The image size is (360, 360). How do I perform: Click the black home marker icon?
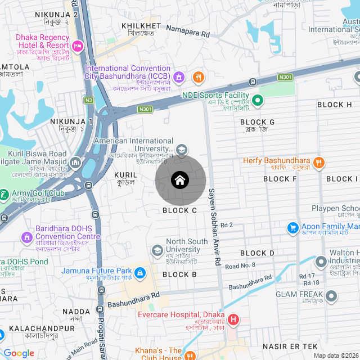(180, 180)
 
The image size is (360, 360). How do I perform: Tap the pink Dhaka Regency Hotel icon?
(78, 44)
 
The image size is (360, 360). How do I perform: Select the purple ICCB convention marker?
(179, 77)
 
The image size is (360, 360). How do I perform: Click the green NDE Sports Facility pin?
(258, 101)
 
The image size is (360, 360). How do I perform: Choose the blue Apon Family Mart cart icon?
(292, 228)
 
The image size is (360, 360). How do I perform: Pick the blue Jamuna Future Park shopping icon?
(140, 274)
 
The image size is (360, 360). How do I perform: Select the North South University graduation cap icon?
(157, 250)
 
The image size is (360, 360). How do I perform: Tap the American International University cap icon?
(182, 150)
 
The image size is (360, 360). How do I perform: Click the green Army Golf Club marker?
(4, 193)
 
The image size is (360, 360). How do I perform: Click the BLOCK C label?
(179, 210)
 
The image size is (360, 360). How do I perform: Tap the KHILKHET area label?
(145, 26)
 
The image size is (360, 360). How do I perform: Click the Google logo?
(19, 353)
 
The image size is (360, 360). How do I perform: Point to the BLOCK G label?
(257, 122)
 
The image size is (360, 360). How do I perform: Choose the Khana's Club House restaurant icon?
(190, 355)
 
